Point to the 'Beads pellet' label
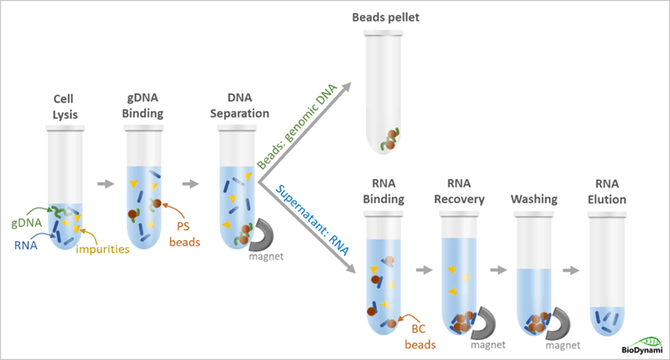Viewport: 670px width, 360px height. pyautogui.click(x=384, y=18)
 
